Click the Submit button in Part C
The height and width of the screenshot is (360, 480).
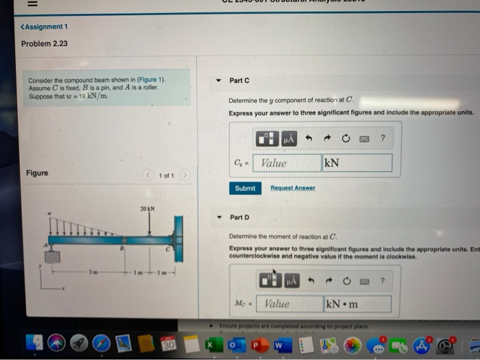pyautogui.click(x=245, y=188)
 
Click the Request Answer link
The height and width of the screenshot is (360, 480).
pyautogui.click(x=293, y=188)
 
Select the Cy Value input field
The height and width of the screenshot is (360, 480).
pyautogui.click(x=287, y=163)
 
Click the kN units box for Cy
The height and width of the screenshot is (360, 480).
pyautogui.click(x=357, y=163)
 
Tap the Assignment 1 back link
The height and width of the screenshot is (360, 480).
pyautogui.click(x=45, y=27)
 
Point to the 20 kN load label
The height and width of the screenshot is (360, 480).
pyautogui.click(x=147, y=208)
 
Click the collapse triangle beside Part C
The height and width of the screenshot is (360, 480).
pyautogui.click(x=218, y=81)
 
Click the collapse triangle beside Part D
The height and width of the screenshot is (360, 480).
pyautogui.click(x=218, y=217)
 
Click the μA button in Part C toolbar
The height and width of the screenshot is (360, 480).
pyautogui.click(x=289, y=139)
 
